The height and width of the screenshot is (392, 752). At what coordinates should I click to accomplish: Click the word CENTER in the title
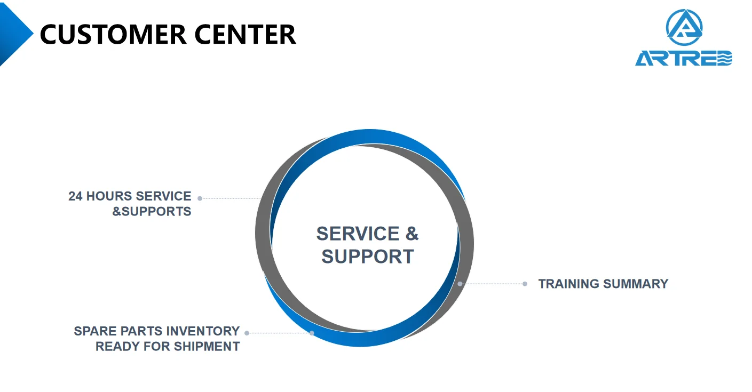point(244,34)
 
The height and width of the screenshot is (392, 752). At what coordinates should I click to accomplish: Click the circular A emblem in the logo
point(684,27)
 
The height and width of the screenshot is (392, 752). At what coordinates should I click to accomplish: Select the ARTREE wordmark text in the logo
point(684,58)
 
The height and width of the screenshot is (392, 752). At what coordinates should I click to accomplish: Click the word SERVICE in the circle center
point(358,234)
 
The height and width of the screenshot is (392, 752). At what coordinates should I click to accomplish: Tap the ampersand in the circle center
point(411,234)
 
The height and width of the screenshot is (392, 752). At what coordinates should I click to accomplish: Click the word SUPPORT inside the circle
point(367,257)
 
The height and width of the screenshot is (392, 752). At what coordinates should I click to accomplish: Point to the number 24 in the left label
point(75,196)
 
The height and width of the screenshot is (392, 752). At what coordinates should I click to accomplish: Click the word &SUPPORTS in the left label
point(152,211)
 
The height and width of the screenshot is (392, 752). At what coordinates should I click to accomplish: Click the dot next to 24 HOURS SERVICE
point(200,198)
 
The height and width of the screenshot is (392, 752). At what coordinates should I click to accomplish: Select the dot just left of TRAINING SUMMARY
point(525,284)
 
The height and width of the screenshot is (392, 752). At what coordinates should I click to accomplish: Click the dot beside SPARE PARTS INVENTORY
point(247,333)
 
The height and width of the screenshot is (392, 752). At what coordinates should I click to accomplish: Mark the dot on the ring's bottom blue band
point(312,333)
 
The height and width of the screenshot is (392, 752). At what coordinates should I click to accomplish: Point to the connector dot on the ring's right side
point(460,284)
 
